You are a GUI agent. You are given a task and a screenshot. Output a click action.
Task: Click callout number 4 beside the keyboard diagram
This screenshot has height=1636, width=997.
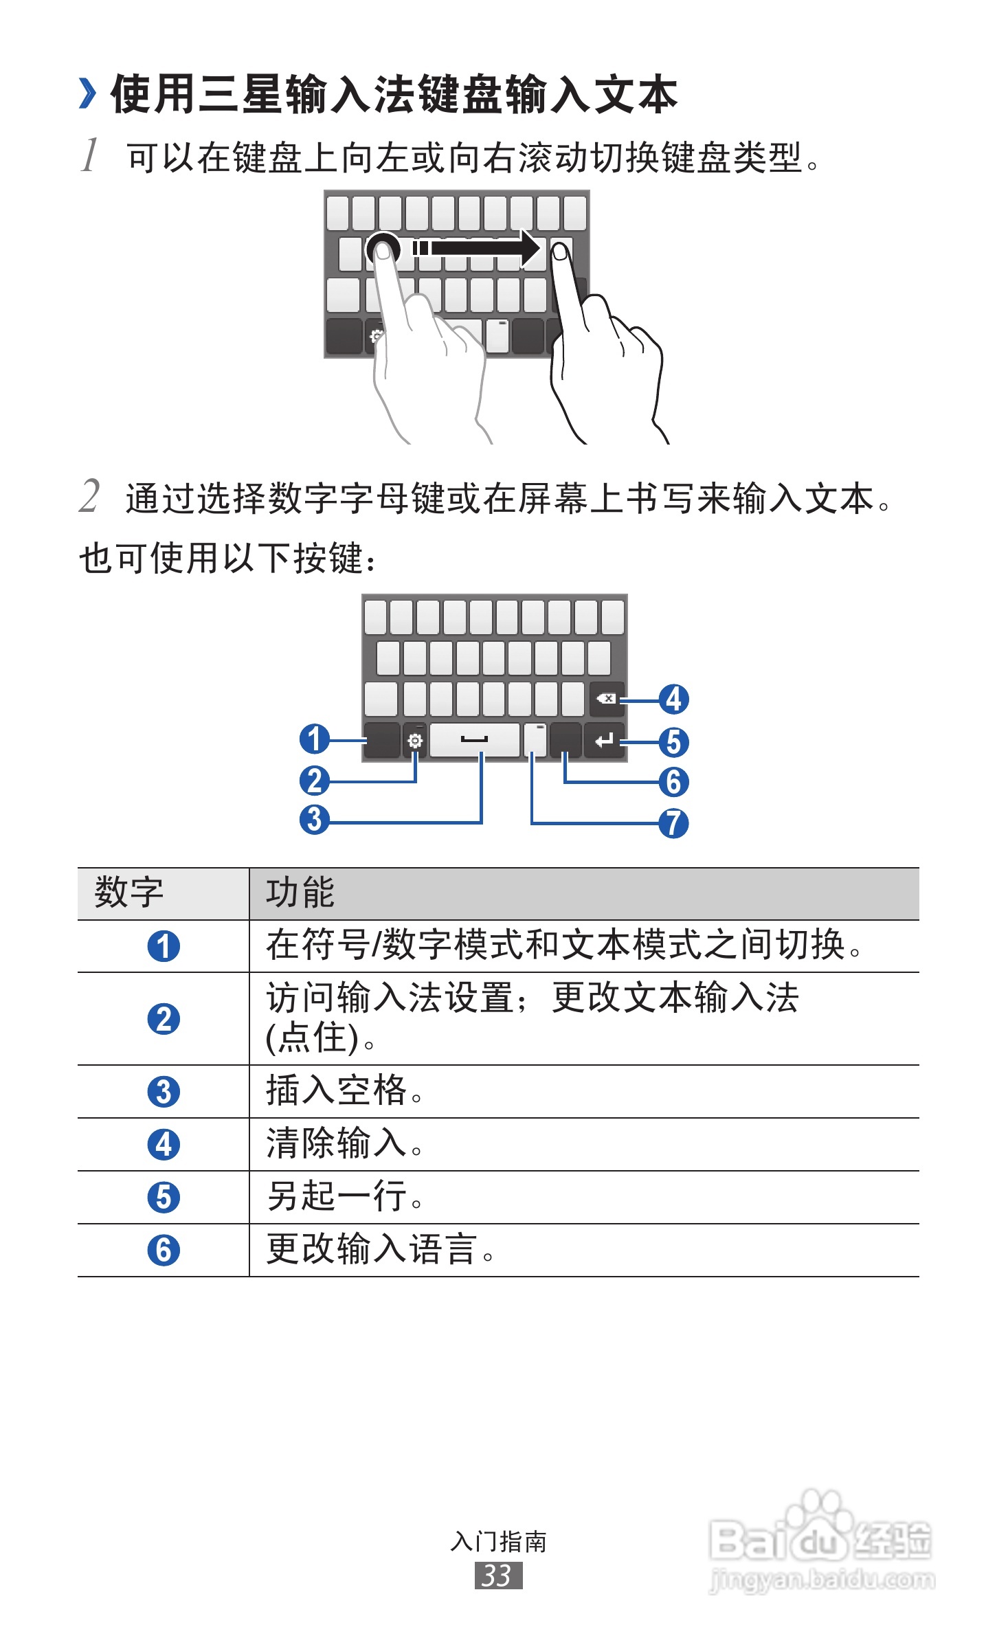(673, 699)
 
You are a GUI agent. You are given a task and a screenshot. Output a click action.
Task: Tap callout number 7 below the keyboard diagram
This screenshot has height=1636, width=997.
(673, 823)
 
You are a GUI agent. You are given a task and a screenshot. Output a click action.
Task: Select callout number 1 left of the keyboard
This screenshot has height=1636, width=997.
(315, 739)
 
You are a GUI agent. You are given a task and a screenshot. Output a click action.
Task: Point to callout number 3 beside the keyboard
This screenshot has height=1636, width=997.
(315, 819)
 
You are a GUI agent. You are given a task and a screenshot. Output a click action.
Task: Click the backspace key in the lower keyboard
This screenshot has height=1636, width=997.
(607, 699)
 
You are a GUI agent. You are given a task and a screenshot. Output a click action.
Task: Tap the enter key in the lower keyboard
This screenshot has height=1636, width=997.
(605, 740)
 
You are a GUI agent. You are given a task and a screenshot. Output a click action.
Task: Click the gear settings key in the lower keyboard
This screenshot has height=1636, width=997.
(415, 741)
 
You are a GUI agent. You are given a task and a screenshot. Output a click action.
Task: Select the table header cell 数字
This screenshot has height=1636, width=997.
(129, 893)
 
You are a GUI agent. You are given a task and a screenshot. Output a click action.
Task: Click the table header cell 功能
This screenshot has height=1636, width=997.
(300, 893)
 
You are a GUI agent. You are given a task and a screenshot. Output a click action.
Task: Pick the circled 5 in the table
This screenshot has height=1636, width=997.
(164, 1198)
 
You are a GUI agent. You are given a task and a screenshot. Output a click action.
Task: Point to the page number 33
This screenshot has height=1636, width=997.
(498, 1576)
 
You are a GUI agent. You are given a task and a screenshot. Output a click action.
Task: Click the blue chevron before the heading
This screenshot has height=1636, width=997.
(87, 93)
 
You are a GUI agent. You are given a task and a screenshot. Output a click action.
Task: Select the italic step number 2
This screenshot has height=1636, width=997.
(89, 496)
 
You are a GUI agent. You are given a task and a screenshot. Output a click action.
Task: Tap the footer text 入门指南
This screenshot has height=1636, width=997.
(498, 1542)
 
